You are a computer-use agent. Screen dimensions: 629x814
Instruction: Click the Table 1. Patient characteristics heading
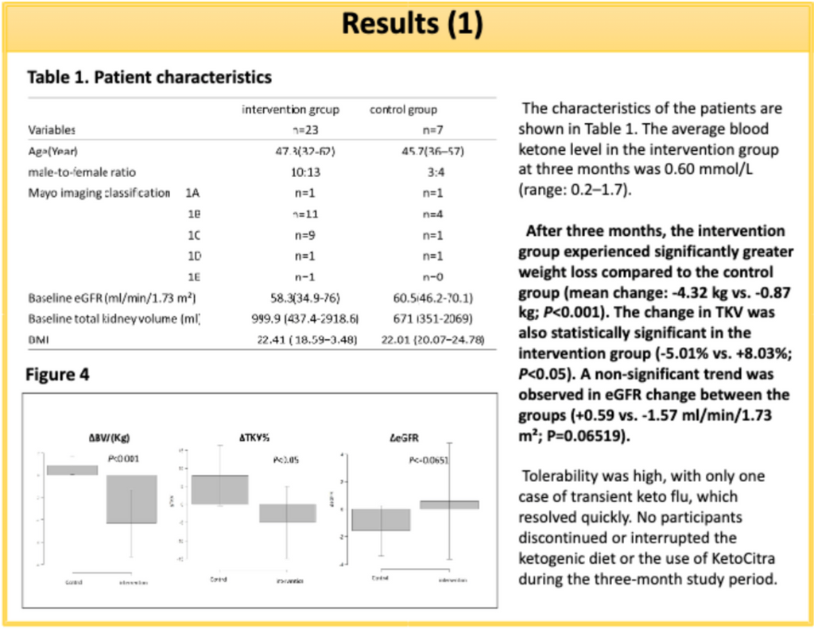point(149,77)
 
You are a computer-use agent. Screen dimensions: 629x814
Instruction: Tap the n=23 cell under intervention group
point(304,129)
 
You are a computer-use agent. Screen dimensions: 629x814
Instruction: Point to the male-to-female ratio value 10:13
point(304,172)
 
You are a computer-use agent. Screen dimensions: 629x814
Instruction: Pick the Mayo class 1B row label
point(192,214)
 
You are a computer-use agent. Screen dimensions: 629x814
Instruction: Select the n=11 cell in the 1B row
point(304,214)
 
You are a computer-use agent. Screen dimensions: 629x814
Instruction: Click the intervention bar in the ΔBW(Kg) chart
point(131,499)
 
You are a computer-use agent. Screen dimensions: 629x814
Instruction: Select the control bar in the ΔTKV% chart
point(219,488)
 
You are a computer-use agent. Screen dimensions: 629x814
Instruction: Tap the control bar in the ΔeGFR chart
point(381,519)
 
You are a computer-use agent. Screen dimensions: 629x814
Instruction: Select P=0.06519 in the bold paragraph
point(583,435)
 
